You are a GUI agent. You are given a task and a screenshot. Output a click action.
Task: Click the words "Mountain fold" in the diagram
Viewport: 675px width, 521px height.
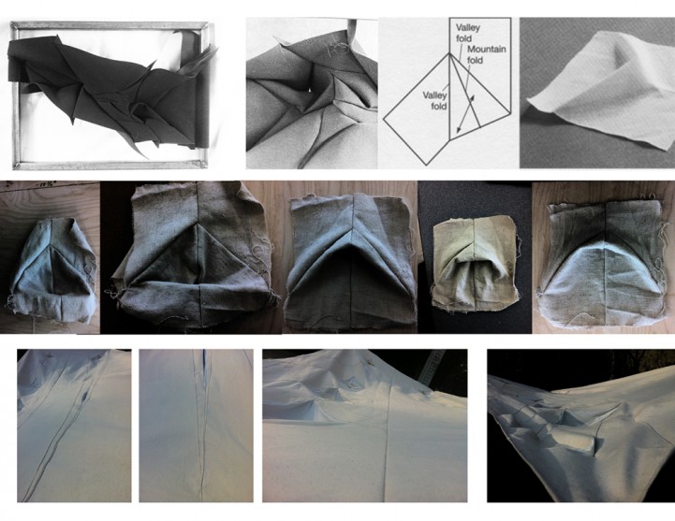click(x=487, y=54)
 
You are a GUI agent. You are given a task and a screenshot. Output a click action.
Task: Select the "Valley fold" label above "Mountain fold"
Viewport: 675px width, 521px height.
click(x=468, y=33)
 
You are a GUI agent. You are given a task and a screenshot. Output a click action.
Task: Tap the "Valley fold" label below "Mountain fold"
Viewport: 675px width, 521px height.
click(x=434, y=100)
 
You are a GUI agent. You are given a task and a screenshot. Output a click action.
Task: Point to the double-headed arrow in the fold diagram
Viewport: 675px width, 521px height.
click(x=465, y=113)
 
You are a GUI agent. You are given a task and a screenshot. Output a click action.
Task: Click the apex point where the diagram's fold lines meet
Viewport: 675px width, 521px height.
click(x=449, y=53)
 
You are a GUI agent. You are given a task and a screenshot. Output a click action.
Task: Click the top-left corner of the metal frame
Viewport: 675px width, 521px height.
click(x=13, y=24)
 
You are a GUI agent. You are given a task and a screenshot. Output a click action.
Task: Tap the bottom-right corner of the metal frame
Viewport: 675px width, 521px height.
click(x=204, y=165)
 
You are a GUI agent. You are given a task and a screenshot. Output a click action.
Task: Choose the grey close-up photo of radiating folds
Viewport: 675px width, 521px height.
click(x=312, y=94)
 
